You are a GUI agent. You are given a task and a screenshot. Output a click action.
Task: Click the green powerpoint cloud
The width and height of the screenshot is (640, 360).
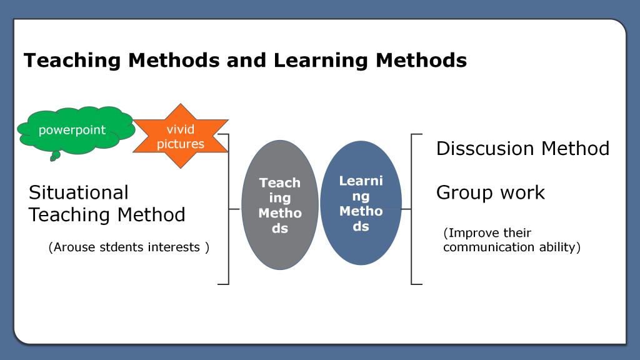[x=76, y=131]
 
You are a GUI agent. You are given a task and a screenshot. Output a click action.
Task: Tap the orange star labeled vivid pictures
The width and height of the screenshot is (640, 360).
[x=181, y=136]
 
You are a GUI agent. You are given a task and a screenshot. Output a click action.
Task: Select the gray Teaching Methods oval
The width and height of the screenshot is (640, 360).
[x=280, y=205]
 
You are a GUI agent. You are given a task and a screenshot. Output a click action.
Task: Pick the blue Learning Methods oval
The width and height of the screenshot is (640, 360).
[x=361, y=203]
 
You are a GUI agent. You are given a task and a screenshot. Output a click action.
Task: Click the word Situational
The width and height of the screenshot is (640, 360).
[x=78, y=192]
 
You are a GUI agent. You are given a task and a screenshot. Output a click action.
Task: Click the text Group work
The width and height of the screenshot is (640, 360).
[x=490, y=192]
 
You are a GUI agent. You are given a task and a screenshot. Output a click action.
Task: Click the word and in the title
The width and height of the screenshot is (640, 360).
[x=246, y=60]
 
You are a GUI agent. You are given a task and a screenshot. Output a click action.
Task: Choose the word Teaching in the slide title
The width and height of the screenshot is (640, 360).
[x=72, y=61]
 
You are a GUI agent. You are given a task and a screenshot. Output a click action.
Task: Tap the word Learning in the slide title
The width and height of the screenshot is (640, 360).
[x=321, y=61]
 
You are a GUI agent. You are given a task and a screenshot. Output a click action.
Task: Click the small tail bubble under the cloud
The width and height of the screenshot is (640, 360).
[x=55, y=156]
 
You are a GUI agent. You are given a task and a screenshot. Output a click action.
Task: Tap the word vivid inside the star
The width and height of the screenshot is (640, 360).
[x=181, y=129]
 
